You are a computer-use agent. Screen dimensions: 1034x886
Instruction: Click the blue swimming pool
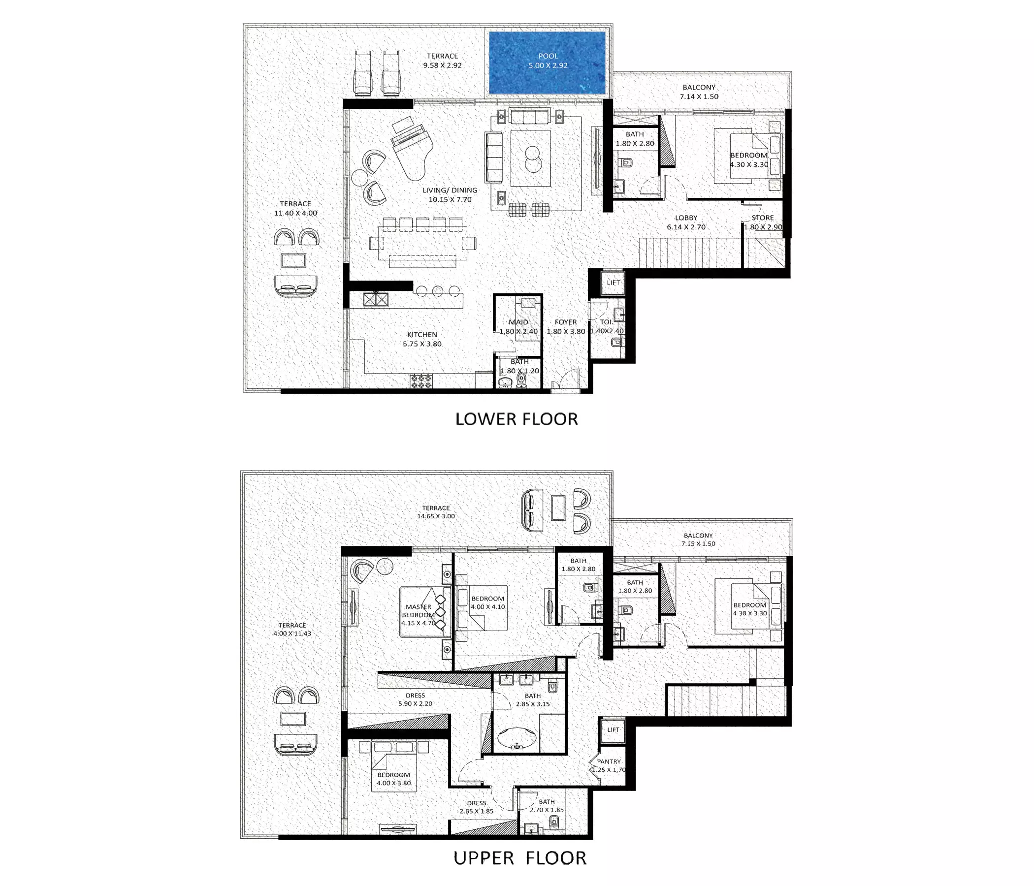[547, 63]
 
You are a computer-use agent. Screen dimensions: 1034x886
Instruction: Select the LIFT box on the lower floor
[614, 283]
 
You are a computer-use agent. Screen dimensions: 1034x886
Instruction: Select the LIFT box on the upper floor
[614, 729]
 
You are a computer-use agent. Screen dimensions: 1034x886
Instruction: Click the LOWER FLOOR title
[517, 419]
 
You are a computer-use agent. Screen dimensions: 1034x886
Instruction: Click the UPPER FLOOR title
[519, 858]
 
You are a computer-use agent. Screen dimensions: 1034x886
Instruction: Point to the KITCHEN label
[422, 335]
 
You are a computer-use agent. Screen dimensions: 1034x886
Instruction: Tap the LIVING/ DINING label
[450, 190]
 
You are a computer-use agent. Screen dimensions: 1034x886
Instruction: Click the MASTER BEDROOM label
[418, 611]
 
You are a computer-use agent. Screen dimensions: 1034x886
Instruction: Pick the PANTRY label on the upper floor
[609, 762]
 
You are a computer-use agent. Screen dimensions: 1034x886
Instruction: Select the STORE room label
[763, 218]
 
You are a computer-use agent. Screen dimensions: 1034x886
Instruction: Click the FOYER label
[565, 322]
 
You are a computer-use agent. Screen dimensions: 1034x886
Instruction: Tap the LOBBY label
[686, 218]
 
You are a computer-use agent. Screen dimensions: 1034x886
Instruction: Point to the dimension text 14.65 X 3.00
[436, 516]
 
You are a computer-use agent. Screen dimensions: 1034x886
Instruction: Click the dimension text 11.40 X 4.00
[295, 213]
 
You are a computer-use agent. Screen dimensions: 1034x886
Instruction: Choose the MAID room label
[518, 322]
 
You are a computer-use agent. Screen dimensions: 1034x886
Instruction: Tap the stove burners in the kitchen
[421, 381]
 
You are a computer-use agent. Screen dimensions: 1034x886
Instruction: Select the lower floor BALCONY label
[699, 87]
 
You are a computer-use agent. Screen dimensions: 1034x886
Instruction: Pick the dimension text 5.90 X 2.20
[415, 703]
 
